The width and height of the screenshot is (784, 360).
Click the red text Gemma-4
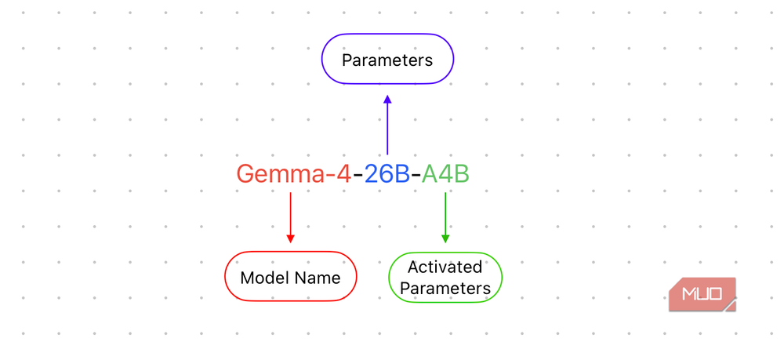[x=294, y=174]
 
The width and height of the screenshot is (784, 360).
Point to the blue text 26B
[x=387, y=174]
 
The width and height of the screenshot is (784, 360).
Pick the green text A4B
[x=445, y=174]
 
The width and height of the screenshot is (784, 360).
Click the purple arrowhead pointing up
[x=387, y=100]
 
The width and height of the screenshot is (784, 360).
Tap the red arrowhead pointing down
[x=291, y=238]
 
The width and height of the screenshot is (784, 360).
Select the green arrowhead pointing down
[x=445, y=238]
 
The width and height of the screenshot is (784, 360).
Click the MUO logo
[x=702, y=294]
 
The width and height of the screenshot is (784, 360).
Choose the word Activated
[x=445, y=267]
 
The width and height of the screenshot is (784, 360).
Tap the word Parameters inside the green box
[x=445, y=289]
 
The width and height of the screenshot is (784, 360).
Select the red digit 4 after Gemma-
[x=344, y=174]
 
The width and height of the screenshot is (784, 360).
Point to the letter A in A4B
[x=430, y=174]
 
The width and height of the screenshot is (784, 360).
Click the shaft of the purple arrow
[x=387, y=129]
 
